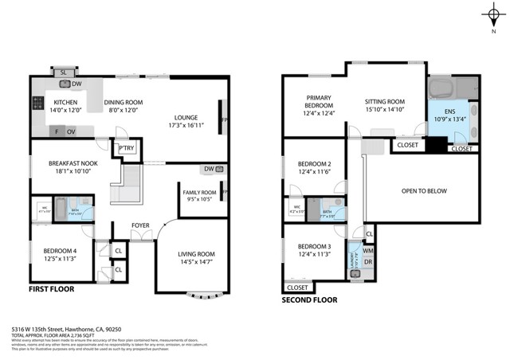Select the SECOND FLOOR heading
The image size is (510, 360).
point(310,300)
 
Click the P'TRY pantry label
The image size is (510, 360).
point(126,148)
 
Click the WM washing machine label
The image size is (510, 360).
point(368,250)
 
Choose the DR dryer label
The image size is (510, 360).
point(368,261)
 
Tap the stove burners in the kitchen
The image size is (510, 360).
point(37,103)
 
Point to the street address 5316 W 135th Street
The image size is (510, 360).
point(73,327)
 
